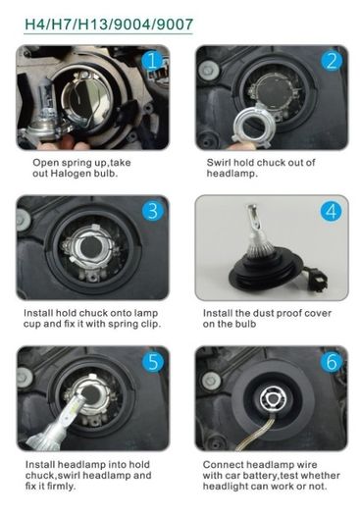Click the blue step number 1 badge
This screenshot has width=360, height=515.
(152, 61)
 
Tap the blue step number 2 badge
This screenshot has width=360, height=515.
(332, 61)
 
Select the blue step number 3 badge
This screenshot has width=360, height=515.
(152, 211)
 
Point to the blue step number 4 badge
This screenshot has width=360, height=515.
(332, 211)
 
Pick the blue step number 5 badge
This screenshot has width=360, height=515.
(152, 362)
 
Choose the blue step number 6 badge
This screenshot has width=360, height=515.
(332, 362)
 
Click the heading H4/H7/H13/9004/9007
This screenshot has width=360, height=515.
(109, 25)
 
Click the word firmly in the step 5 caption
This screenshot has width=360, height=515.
(62, 486)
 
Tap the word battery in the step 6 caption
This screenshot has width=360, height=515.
(261, 476)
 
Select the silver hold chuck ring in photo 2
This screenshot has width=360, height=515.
(251, 124)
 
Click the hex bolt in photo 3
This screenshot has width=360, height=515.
(23, 217)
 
